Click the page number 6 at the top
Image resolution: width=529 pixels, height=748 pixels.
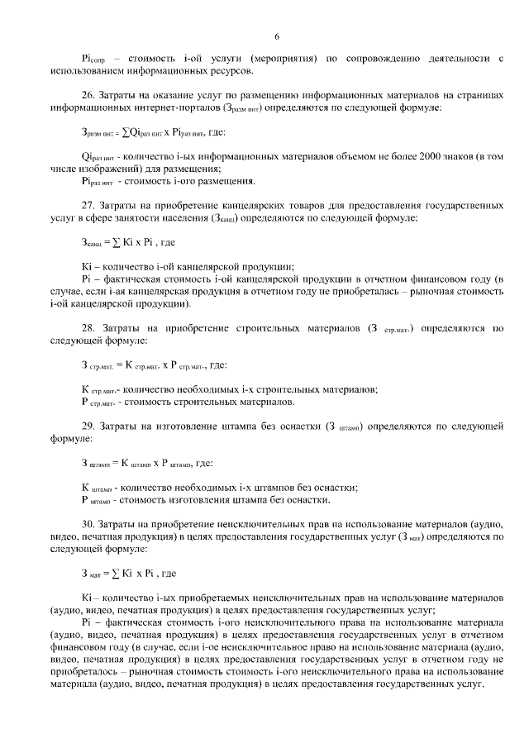coord(277,36)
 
